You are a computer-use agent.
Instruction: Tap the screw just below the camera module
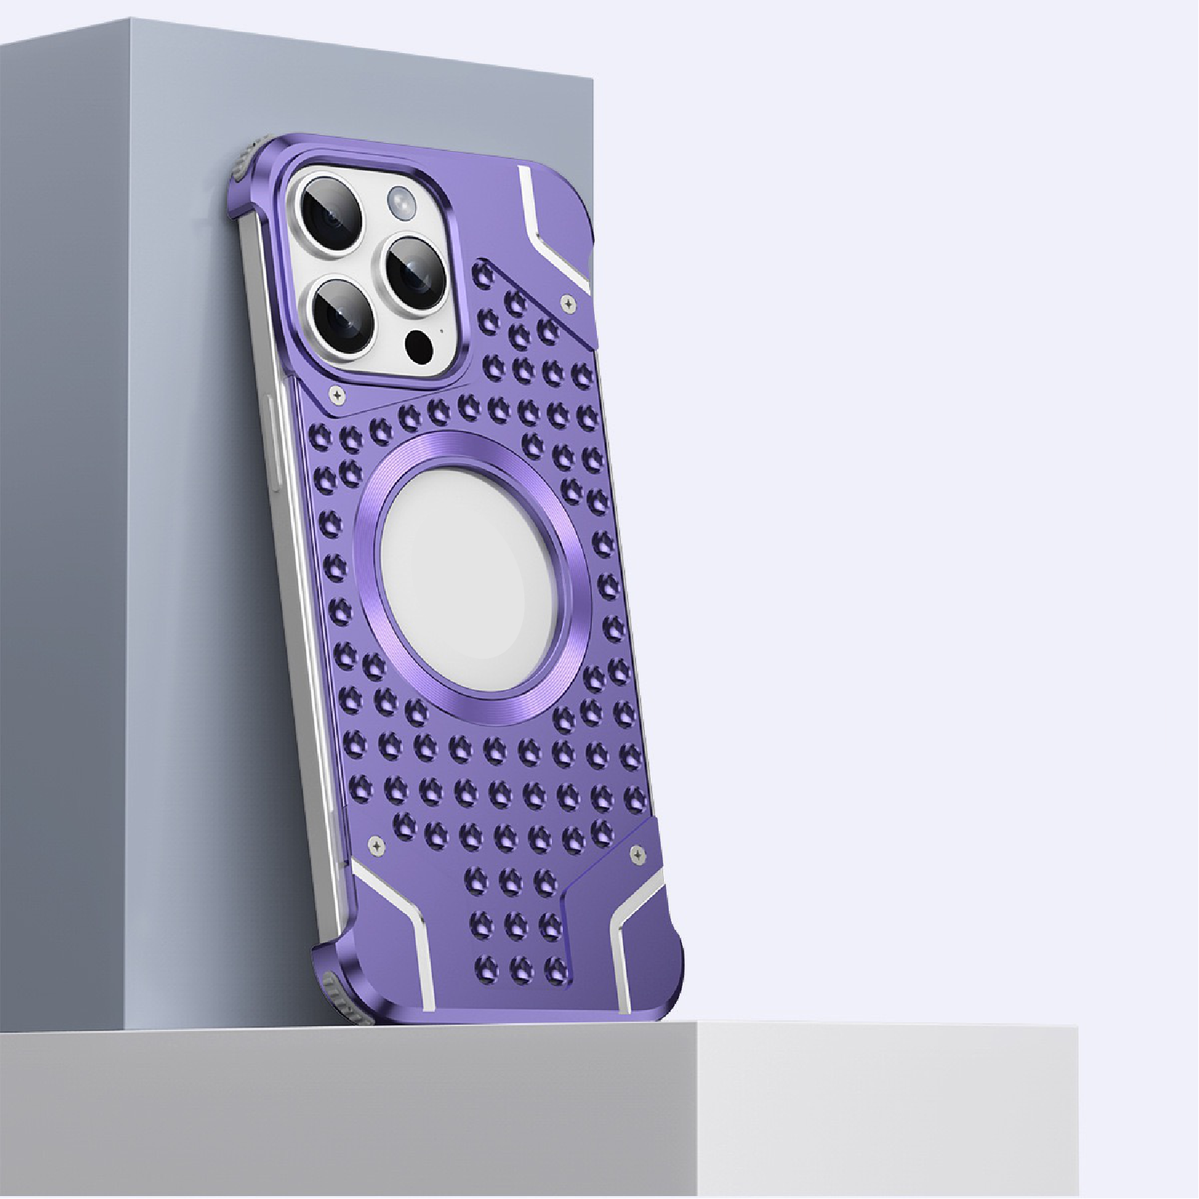click(339, 396)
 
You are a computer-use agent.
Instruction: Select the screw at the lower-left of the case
click(375, 844)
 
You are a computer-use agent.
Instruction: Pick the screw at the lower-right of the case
click(638, 854)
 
